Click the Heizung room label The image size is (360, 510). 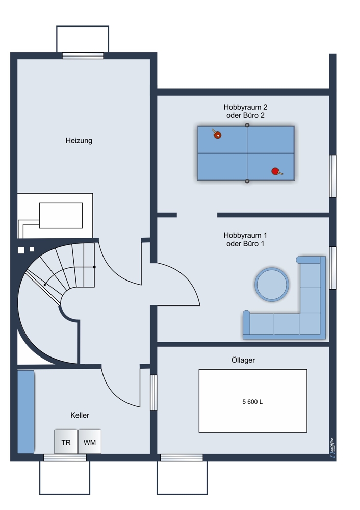(79, 141)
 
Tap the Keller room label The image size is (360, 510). (80, 415)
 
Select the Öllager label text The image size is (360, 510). (243, 360)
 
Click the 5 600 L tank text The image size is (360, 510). (252, 402)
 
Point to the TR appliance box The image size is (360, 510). (66, 442)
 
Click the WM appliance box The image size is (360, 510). (90, 442)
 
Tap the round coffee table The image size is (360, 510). (272, 285)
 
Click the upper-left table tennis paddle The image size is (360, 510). (217, 133)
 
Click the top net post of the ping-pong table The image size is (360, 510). (247, 125)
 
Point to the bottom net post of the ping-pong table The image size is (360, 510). (247, 181)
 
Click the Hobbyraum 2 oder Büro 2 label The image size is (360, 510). (246, 111)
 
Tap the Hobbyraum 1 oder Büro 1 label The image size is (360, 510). (246, 239)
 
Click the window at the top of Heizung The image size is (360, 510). (83, 56)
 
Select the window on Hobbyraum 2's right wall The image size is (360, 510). (332, 176)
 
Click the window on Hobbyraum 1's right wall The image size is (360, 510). (332, 268)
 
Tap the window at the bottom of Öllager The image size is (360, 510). (182, 457)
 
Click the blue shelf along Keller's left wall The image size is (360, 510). (25, 412)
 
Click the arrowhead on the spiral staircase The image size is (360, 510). (45, 285)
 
